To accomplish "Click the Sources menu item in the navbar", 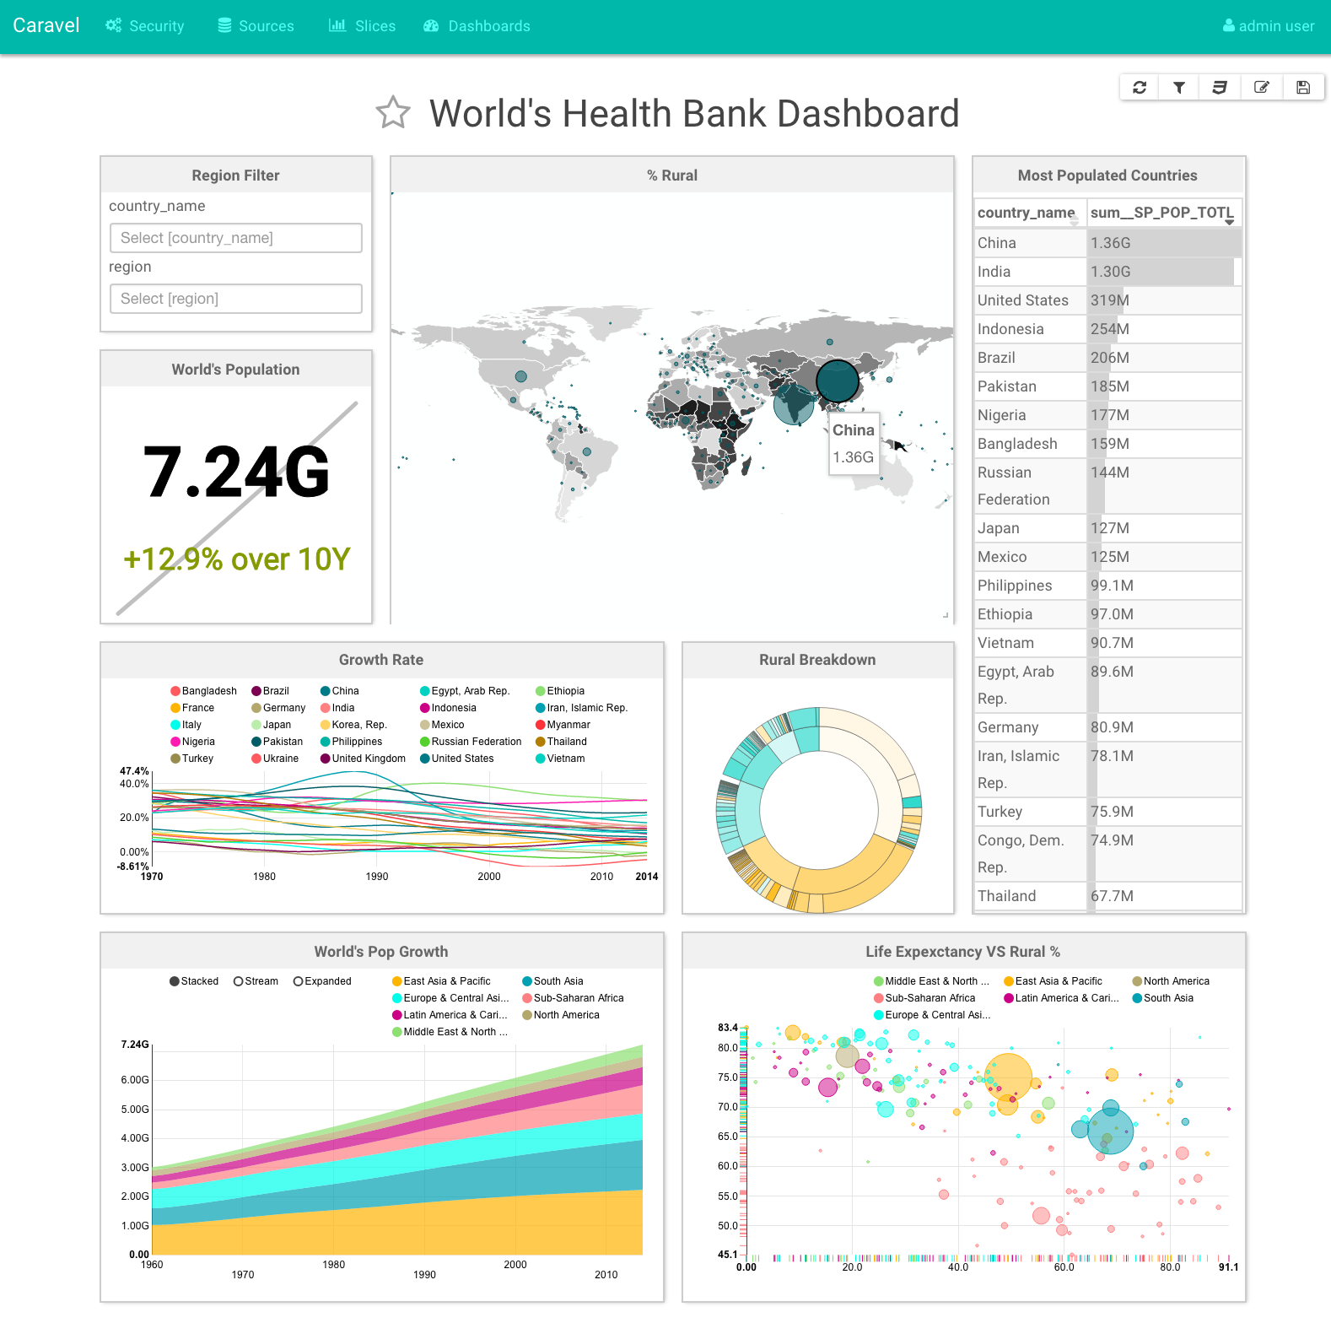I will [x=256, y=26].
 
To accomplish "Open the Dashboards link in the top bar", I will [x=477, y=26].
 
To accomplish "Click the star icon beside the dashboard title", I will [x=393, y=113].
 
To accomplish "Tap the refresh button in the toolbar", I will [x=1140, y=87].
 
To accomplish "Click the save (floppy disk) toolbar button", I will [x=1303, y=87].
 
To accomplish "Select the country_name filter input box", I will [x=236, y=238].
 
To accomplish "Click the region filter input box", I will [x=236, y=299].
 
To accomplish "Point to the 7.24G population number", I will [x=236, y=472].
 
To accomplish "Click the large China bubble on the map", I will [x=837, y=381].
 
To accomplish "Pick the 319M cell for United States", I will [x=1110, y=300].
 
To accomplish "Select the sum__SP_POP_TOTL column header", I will [x=1161, y=213].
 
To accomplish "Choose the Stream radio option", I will [x=256, y=981].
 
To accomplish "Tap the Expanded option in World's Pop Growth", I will [x=322, y=981].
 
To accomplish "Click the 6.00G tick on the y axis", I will [x=135, y=1080].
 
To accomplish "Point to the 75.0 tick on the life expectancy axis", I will [x=727, y=1077].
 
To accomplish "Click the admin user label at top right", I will [x=1269, y=26].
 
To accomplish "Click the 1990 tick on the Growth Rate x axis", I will [x=377, y=877].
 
